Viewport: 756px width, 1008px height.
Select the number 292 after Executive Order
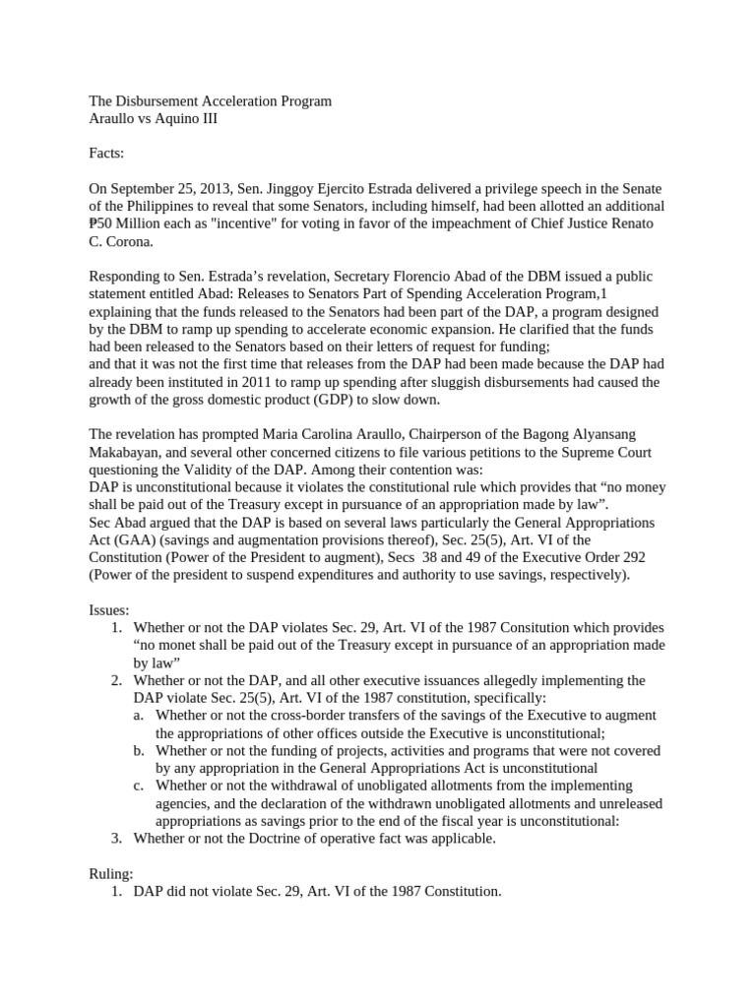[633, 557]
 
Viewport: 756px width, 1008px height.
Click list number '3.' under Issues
[116, 838]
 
